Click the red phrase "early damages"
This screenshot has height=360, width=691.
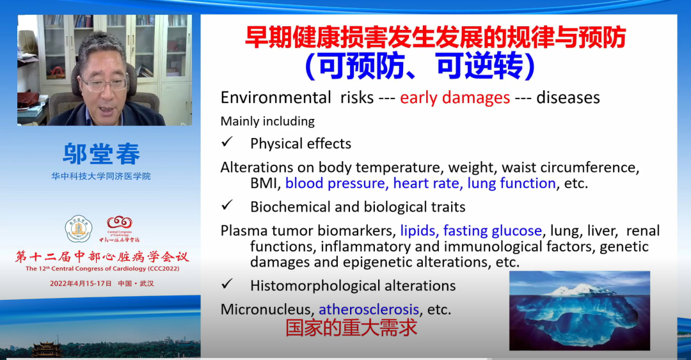(455, 98)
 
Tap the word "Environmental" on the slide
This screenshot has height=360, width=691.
(275, 97)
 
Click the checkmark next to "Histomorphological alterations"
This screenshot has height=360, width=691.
(227, 284)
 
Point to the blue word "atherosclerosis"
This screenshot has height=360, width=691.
(369, 309)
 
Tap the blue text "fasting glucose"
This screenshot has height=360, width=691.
(492, 231)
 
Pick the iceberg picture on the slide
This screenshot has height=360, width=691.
(580, 311)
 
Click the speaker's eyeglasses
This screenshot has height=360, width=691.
(105, 84)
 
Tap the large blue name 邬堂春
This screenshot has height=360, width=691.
(101, 154)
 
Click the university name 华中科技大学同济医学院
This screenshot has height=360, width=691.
(101, 176)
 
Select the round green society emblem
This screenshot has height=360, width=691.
(79, 229)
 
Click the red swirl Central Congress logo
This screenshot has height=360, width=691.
(120, 222)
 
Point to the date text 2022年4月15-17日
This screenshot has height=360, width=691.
(81, 283)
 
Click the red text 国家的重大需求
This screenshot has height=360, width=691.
(351, 327)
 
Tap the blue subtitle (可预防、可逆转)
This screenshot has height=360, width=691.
(420, 66)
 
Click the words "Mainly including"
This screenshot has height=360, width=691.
(267, 121)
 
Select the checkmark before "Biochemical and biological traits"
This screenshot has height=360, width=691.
(227, 205)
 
